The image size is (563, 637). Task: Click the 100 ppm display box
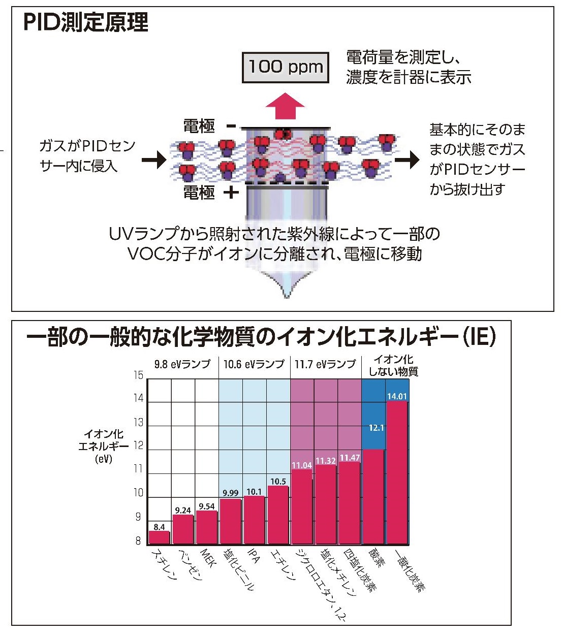coord(286,67)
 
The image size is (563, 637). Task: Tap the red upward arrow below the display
coord(286,106)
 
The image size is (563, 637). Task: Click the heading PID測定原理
coord(86,23)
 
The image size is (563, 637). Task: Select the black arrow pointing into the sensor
coord(154,160)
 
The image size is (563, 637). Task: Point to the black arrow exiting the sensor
coord(407,160)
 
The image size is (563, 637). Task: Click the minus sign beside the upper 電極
coord(231,126)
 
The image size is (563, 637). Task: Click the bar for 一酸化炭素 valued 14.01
coord(397,472)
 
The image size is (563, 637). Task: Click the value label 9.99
coord(231,493)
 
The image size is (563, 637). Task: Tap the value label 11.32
coord(326,461)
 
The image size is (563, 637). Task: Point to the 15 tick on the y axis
coord(138,375)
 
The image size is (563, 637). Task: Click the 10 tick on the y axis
coord(138,493)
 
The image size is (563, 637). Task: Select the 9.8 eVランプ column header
coord(182,364)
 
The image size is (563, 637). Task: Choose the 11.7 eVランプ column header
coord(325,364)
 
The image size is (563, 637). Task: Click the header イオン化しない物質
coord(393,366)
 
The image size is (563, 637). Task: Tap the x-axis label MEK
coord(208,557)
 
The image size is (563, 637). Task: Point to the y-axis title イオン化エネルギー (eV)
coord(104,446)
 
